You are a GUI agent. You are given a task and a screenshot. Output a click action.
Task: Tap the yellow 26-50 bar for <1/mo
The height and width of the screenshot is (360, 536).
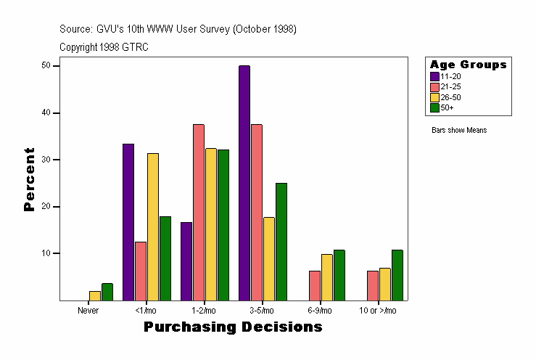coord(152,226)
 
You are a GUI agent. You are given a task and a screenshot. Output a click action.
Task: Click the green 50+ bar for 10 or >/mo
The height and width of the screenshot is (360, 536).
coord(397,275)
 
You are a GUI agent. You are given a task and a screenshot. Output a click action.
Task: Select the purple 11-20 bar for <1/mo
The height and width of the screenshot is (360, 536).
coord(128,222)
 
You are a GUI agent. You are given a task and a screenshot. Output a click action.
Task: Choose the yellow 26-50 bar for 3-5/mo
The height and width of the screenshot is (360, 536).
coord(269,258)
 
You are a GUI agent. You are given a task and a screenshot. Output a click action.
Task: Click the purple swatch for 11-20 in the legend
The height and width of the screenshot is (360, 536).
coord(434,76)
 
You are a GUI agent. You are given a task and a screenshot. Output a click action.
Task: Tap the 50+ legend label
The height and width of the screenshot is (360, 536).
coord(447,107)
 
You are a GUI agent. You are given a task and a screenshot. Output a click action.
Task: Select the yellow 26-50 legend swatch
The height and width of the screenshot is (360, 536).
coord(434,97)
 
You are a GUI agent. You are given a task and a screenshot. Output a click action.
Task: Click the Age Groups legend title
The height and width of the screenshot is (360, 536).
coord(468,65)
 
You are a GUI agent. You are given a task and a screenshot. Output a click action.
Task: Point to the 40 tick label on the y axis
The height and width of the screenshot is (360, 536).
coord(46,112)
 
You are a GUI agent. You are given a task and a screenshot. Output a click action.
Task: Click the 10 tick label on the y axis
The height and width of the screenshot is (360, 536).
coord(46,253)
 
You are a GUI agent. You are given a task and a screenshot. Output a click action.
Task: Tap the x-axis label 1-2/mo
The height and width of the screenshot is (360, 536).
coord(204,310)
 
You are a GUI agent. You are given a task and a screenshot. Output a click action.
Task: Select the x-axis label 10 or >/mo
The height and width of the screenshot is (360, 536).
coord(378,310)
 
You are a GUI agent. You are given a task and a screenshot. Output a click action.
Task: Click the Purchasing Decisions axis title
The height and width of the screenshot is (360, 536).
coord(233,327)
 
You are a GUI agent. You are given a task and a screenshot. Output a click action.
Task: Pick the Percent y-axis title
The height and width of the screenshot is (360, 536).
coord(30,179)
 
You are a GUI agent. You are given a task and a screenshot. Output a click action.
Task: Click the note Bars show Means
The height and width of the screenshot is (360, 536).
coord(458,130)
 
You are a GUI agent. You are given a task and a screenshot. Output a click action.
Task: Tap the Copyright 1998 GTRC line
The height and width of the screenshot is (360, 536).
coord(104,46)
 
